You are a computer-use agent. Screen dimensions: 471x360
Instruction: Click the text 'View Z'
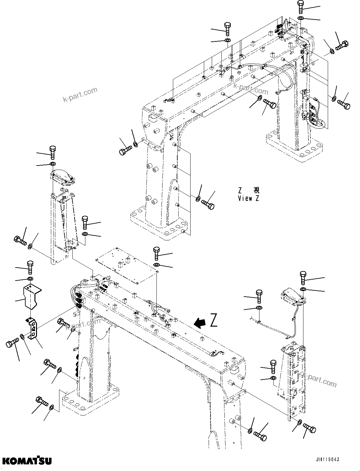click(249, 199)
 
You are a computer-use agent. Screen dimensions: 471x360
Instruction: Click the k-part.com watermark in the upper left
click(80, 95)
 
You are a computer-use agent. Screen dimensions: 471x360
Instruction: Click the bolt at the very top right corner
click(300, 7)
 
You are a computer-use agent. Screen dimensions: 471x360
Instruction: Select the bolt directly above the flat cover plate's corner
click(157, 253)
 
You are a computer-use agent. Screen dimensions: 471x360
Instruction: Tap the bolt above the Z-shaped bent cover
click(30, 267)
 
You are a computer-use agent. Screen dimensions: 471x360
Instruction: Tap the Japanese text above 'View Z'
click(249, 190)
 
